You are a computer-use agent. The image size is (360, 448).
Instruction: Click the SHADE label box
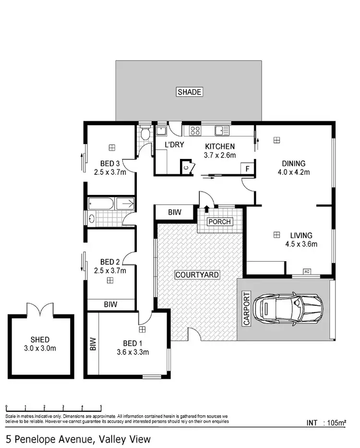(x=189, y=92)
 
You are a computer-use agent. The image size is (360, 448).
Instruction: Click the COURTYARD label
(x=197, y=275)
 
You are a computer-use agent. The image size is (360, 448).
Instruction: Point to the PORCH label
(x=219, y=222)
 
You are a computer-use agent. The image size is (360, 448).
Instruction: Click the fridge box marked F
(x=247, y=169)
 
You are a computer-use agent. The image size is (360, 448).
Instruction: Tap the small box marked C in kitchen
(x=186, y=168)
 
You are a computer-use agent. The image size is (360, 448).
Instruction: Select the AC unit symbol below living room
(x=307, y=272)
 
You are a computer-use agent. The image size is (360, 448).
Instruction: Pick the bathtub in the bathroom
(x=101, y=204)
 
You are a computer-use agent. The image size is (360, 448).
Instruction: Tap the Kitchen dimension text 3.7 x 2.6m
(x=220, y=155)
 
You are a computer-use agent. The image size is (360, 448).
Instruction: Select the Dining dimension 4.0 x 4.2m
(x=294, y=172)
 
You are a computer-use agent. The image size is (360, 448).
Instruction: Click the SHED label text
(x=40, y=339)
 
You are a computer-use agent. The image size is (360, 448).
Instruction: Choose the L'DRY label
(x=174, y=145)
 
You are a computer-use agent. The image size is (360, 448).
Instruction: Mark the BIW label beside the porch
(x=174, y=212)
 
